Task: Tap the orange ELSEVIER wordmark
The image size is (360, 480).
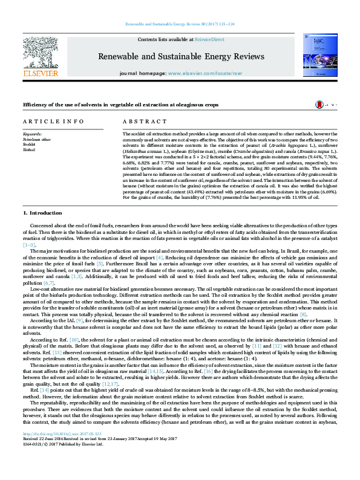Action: (40, 74)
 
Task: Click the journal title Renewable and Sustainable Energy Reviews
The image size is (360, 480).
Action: (182, 56)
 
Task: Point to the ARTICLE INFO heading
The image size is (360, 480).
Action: (54, 122)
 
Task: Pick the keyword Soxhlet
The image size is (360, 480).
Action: (29, 144)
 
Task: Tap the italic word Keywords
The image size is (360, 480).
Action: (32, 134)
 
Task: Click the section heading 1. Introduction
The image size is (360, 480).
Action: (42, 213)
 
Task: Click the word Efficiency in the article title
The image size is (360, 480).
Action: (34, 105)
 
